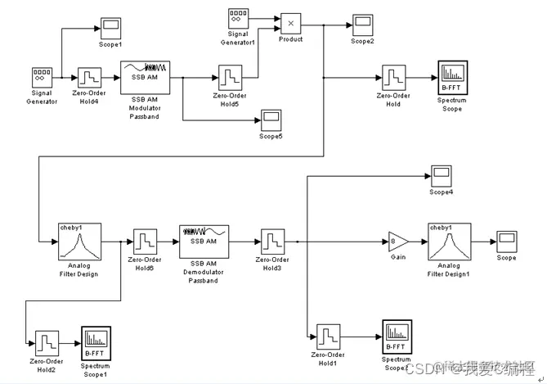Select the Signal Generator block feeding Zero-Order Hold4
click(43, 78)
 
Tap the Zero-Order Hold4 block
click(89, 79)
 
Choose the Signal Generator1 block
click(238, 18)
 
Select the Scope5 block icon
click(271, 120)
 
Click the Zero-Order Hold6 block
click(145, 243)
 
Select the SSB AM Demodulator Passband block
click(204, 242)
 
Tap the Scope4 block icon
click(441, 175)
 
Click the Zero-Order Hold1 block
click(328, 337)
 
